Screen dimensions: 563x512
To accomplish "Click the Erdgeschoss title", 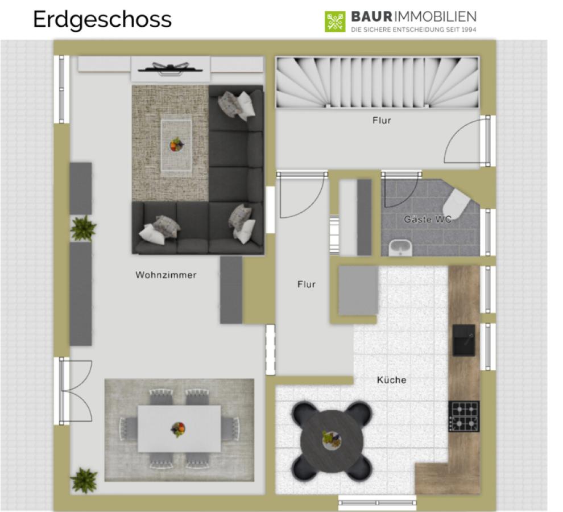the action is tap(102, 20).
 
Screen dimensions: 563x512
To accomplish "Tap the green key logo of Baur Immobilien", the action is tap(334, 22).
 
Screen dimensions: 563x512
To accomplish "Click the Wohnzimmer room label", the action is tap(166, 275).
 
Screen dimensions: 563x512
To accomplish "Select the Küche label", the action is tap(391, 380).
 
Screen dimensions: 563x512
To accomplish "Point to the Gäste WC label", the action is tap(428, 219).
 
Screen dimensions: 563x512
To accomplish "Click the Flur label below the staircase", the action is tap(382, 121).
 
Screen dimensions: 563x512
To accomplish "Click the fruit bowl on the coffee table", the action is tap(176, 145).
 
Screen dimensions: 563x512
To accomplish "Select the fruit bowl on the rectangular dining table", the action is tap(179, 430).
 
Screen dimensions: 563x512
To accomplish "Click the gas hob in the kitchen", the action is tap(464, 416).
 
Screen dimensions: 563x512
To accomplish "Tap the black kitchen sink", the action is tap(463, 340).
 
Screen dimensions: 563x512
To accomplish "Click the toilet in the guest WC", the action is tap(456, 202).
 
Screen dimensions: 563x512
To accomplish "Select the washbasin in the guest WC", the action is tap(400, 248).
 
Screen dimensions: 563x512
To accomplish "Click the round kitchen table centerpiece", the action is tap(332, 440).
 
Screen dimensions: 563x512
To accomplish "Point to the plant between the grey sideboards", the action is tap(83, 228).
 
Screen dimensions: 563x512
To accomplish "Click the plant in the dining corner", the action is tap(84, 480).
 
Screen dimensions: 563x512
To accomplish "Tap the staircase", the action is tap(378, 82).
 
